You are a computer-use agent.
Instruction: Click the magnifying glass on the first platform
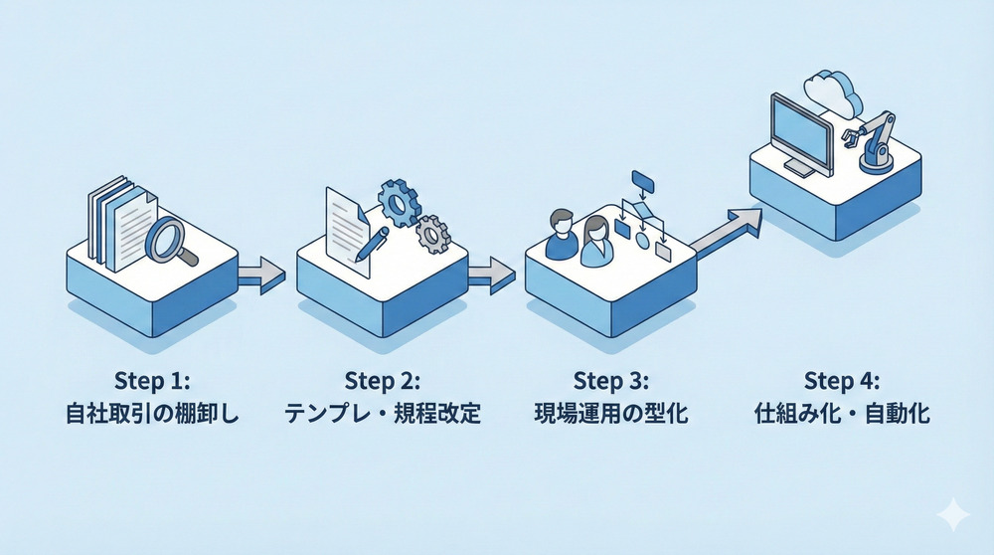[x=167, y=238]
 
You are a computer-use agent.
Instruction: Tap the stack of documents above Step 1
[x=119, y=220]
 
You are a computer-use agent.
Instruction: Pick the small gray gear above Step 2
[x=432, y=234]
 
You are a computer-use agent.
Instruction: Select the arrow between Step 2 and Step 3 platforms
[x=491, y=274]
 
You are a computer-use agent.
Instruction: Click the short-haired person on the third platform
[x=562, y=235]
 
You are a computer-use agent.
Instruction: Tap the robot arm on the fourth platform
[x=872, y=139]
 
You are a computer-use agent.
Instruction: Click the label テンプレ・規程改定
[x=383, y=414]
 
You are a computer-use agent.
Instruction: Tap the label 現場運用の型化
[x=610, y=414]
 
